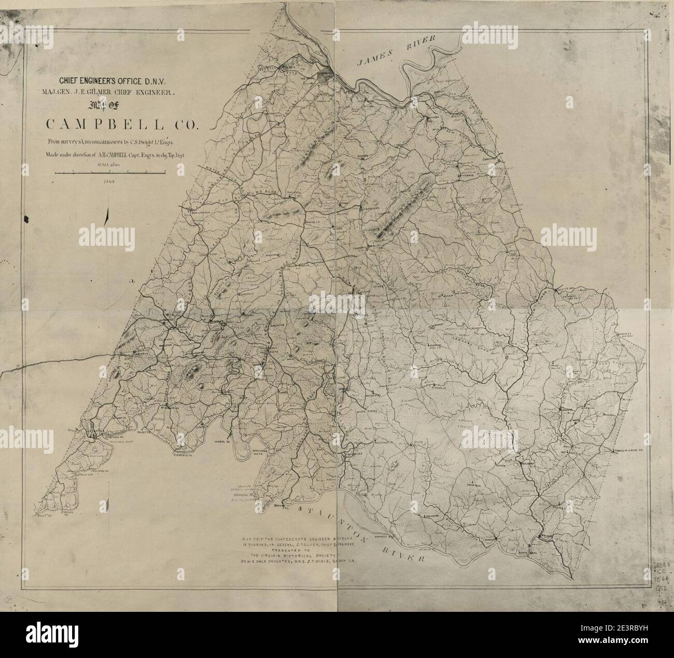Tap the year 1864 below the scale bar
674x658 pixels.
(108, 182)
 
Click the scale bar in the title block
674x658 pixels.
(110, 171)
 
